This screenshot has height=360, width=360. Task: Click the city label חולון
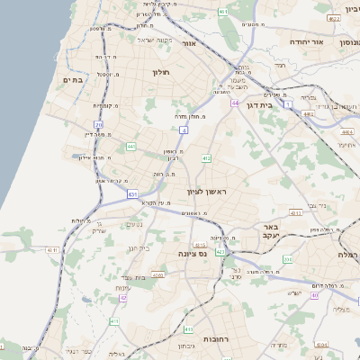(162, 72)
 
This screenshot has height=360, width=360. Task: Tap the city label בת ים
(72, 79)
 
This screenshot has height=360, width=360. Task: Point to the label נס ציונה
(193, 255)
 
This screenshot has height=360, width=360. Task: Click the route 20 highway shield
(98, 124)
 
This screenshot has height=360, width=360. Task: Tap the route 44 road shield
(234, 103)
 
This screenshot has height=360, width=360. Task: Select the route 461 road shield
(222, 12)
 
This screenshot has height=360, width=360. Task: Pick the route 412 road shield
(206, 158)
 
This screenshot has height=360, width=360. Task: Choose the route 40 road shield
(314, 294)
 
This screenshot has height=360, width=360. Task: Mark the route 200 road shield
(287, 259)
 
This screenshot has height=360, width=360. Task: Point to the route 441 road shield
(131, 146)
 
